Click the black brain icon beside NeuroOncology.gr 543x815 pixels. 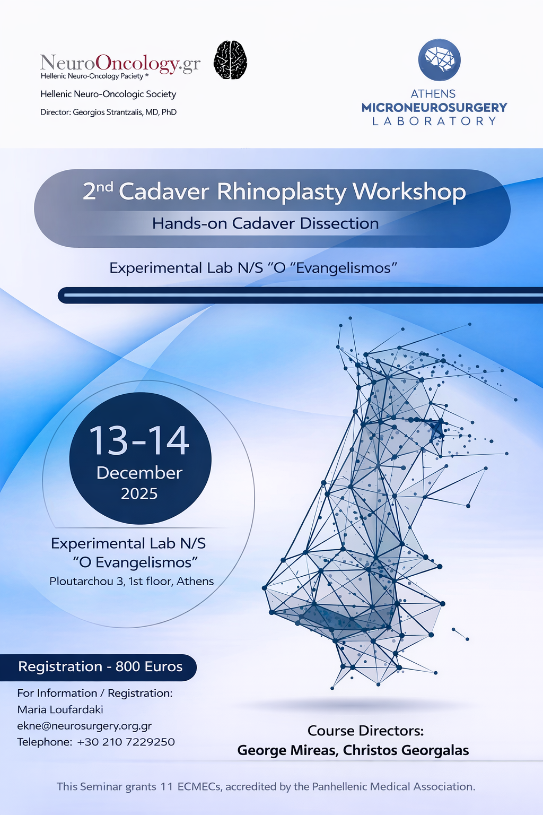pyautogui.click(x=230, y=60)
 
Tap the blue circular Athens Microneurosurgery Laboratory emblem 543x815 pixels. pyautogui.click(x=439, y=60)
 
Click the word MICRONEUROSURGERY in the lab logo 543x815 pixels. pyautogui.click(x=434, y=108)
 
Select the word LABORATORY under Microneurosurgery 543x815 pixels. pyautogui.click(x=434, y=122)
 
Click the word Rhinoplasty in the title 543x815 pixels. pyautogui.click(x=282, y=192)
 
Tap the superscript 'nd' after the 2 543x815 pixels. pyautogui.click(x=106, y=186)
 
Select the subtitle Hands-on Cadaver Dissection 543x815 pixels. pyautogui.click(x=265, y=223)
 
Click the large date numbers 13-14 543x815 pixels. pyautogui.click(x=139, y=441)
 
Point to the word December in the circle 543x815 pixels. pyautogui.click(x=139, y=473)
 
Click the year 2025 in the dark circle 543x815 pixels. pyautogui.click(x=139, y=494)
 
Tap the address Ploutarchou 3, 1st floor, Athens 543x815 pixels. pyautogui.click(x=132, y=582)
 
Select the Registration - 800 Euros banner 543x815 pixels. pyautogui.click(x=100, y=667)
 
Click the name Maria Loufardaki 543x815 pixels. pyautogui.click(x=60, y=710)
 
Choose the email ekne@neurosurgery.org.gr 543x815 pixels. pyautogui.click(x=84, y=726)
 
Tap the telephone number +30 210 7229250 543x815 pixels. pyautogui.click(x=126, y=742)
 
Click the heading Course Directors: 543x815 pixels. pyautogui.click(x=365, y=731)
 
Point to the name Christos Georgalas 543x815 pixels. pyautogui.click(x=406, y=751)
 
